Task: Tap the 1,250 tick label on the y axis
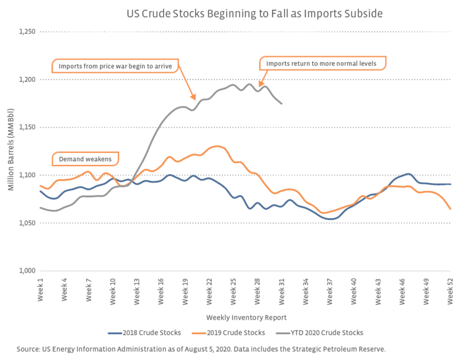[x=27, y=32]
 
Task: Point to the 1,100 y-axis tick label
[x=27, y=175]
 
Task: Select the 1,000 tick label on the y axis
[x=27, y=271]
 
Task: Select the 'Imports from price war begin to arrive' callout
[x=115, y=66]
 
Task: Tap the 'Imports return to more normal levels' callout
[x=321, y=63]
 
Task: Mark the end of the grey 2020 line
[x=282, y=103]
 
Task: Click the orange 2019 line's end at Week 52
[x=450, y=209]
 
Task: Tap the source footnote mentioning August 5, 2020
[x=201, y=349]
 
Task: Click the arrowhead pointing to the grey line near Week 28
[x=260, y=86]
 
